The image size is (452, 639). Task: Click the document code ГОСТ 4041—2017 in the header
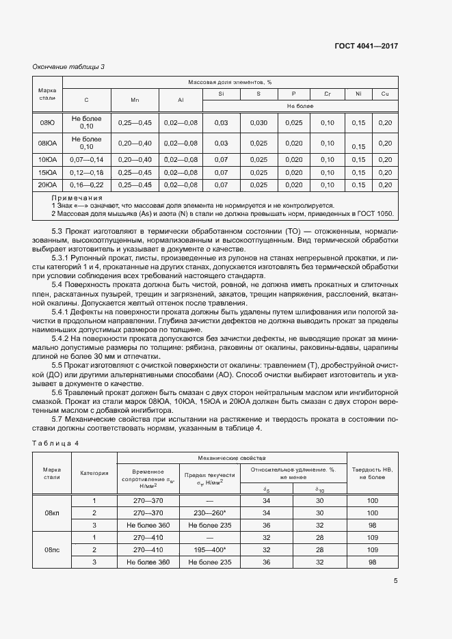[x=366, y=46]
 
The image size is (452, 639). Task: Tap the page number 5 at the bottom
[x=395, y=581]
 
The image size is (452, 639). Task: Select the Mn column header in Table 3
[x=135, y=100]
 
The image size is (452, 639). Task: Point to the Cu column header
[x=385, y=93]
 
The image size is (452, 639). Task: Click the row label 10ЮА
[x=47, y=159]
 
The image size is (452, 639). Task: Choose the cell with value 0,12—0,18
[x=86, y=172]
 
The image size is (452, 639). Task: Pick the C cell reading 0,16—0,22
[x=86, y=185]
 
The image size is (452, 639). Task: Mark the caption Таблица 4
[x=56, y=443]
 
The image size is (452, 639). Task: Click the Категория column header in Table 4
[x=94, y=472]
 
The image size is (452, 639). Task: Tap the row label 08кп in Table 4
[x=52, y=512]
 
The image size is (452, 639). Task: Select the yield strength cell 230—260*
[x=209, y=512]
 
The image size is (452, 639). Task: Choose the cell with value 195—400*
[x=209, y=549]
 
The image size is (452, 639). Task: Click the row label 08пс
[x=52, y=549]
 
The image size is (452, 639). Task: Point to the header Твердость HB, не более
[x=372, y=472]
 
